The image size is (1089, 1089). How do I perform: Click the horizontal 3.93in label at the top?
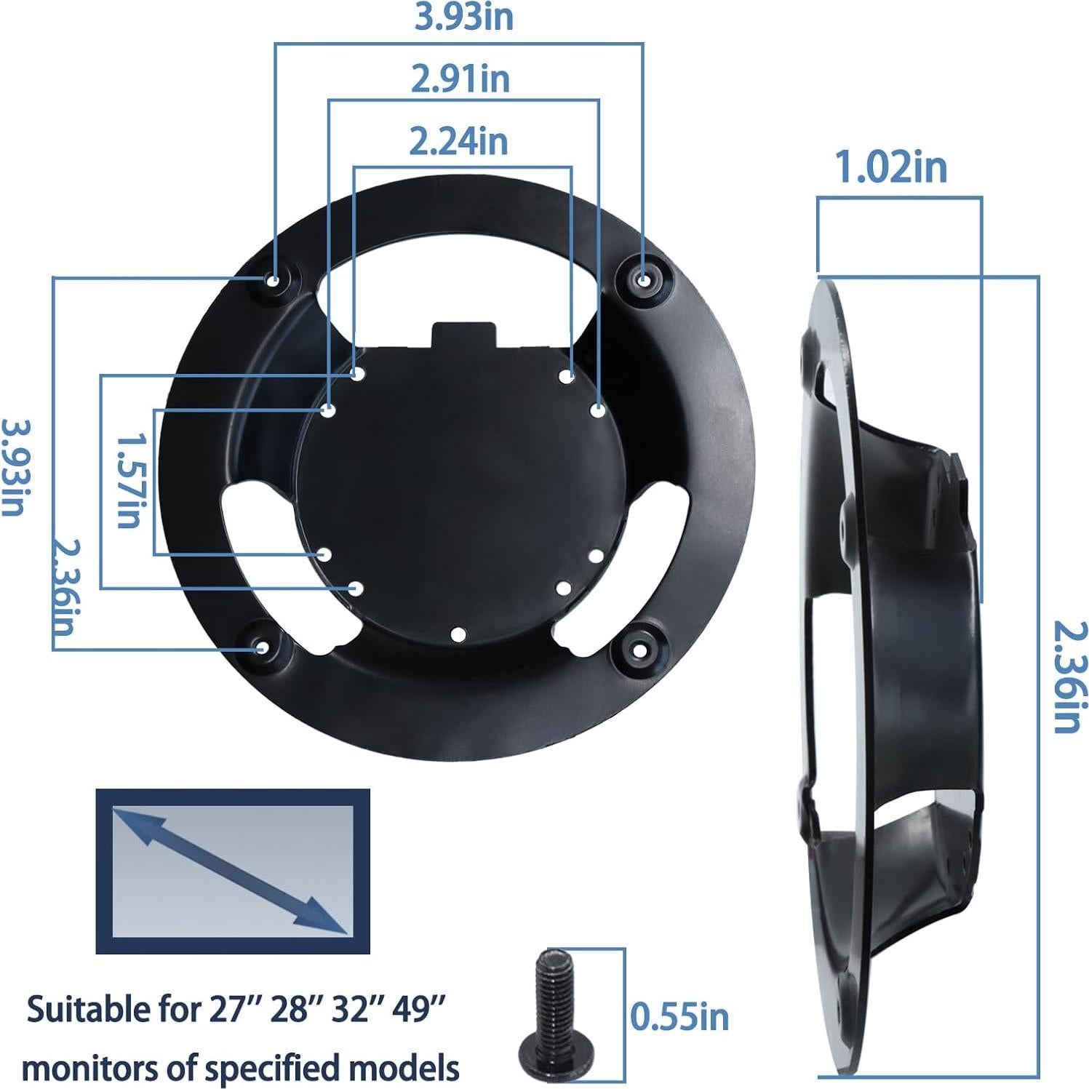463,17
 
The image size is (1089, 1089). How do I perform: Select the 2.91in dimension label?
460,79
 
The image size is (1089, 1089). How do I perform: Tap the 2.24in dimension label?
458,140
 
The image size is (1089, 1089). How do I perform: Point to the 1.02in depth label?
890,168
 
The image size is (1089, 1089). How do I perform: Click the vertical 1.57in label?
129,481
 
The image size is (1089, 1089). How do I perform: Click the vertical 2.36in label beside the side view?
1072,677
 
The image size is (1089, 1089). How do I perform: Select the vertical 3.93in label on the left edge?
13,466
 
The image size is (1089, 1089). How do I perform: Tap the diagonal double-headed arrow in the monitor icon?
229,870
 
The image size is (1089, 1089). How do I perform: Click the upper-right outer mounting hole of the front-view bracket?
644,279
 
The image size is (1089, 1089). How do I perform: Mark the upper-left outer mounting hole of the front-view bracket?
274,281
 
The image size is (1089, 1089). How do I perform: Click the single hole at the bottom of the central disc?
458,634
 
